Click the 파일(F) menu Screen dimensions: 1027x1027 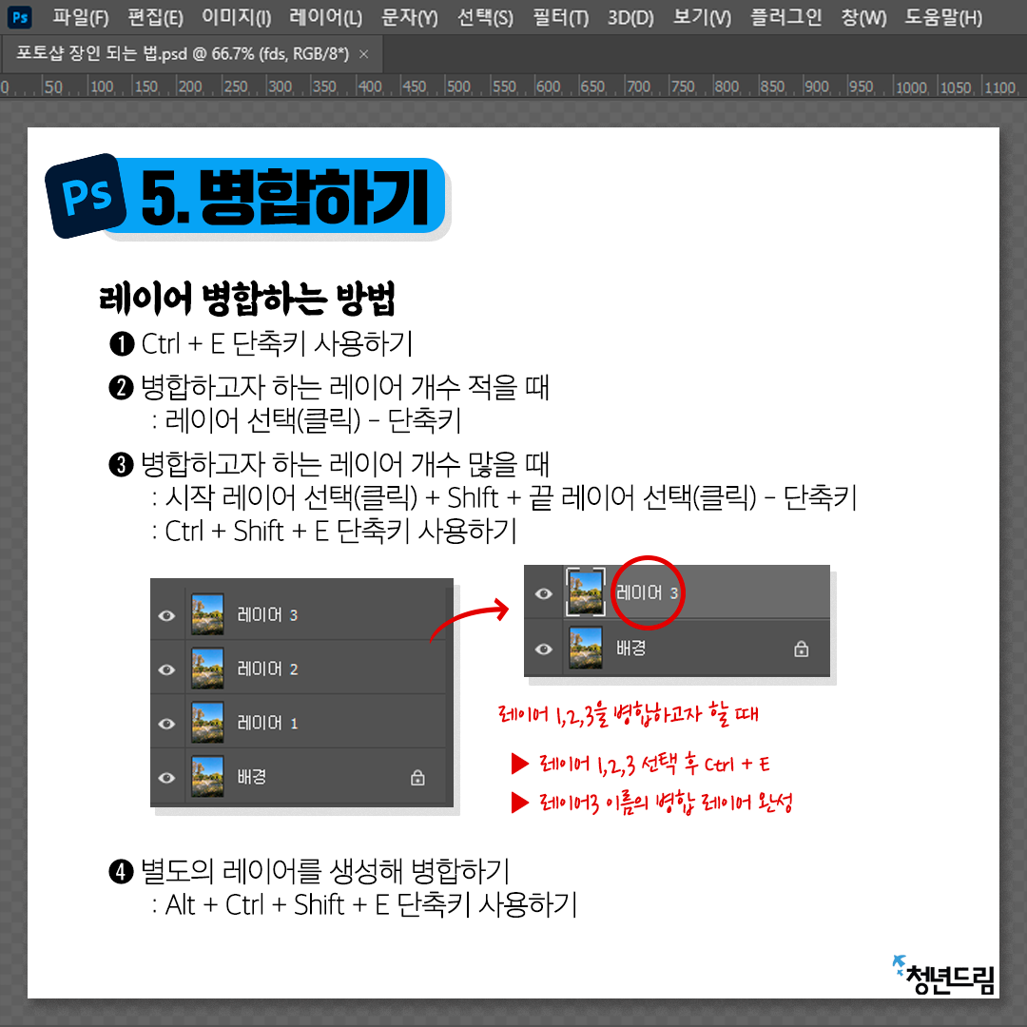click(x=81, y=17)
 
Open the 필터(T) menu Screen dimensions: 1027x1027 click(x=561, y=17)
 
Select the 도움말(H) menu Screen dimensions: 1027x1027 click(x=943, y=17)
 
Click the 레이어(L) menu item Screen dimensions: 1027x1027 click(x=325, y=17)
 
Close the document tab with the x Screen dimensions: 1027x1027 click(x=364, y=54)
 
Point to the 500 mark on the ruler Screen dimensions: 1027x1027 click(x=458, y=87)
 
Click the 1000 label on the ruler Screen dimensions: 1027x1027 click(x=911, y=87)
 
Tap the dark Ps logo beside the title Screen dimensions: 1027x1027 click(x=86, y=196)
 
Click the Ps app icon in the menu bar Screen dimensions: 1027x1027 click(x=20, y=17)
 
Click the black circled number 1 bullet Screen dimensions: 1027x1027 click(x=122, y=344)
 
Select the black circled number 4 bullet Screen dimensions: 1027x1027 click(x=121, y=872)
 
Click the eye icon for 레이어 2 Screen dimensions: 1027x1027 click(x=166, y=669)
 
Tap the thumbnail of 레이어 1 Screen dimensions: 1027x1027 click(x=207, y=723)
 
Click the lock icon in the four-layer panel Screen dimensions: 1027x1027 click(x=417, y=778)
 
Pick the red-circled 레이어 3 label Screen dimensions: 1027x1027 click(x=648, y=592)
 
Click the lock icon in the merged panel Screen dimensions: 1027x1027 click(x=801, y=649)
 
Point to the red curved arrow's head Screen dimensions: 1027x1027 click(x=503, y=610)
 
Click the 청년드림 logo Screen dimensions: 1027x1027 click(x=944, y=976)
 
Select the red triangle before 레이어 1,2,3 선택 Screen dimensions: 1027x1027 click(x=520, y=763)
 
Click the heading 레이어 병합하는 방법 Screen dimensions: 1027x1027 click(x=247, y=299)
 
